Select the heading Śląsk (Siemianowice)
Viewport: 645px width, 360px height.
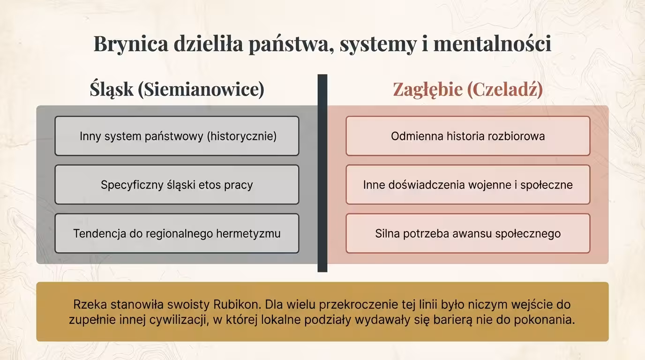[177, 89]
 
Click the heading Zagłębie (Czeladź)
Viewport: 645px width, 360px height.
[467, 89]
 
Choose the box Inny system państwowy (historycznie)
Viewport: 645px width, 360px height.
[177, 136]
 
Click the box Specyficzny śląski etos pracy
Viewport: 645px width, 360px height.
[177, 185]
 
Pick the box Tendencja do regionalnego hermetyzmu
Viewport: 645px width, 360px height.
[177, 233]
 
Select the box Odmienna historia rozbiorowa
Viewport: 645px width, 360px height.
[468, 136]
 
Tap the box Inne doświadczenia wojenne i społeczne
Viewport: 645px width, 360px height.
[468, 185]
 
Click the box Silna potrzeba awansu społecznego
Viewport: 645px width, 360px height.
[468, 233]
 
